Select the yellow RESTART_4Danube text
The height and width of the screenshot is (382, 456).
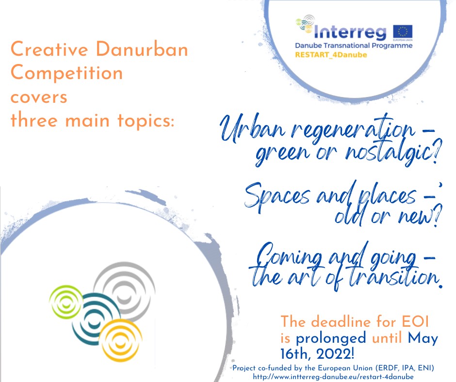pyautogui.click(x=331, y=55)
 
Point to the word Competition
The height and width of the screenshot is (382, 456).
pyautogui.click(x=66, y=73)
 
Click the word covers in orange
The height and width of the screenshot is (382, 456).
pyautogui.click(x=39, y=96)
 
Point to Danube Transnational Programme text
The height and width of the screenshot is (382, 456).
pyautogui.click(x=354, y=46)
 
